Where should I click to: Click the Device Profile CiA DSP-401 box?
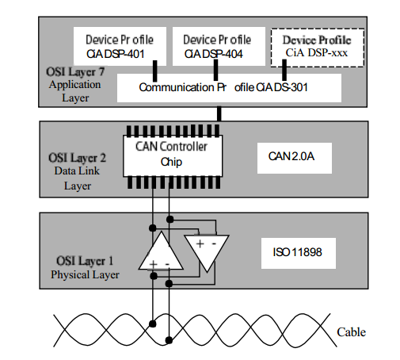coord(120,46)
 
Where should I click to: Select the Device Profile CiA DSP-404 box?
coord(219,46)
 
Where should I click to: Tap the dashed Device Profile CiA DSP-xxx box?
coord(318,48)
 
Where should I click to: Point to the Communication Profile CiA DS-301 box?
coord(229,88)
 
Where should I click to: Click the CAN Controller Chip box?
coord(173,156)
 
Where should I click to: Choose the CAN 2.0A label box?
coord(295,158)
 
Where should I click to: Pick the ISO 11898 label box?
coord(299,253)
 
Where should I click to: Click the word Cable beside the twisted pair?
coord(351,332)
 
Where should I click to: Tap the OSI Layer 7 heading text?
coord(75,72)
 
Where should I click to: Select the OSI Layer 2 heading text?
coord(77,158)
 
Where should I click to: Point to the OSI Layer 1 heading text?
coord(85,261)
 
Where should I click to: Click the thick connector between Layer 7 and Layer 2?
coord(219,114)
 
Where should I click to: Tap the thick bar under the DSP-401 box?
coord(155,71)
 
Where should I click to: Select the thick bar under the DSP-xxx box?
coord(284,70)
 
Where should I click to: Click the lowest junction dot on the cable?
coord(169,340)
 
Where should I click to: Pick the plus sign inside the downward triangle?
coord(200,243)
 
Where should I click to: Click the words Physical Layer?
coord(85,275)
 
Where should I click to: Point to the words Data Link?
coord(77,170)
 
